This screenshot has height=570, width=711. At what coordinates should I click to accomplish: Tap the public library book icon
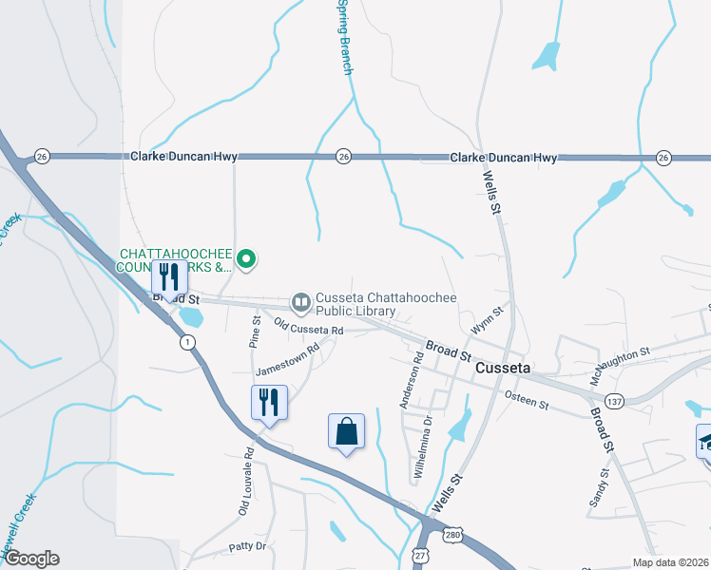point(301,302)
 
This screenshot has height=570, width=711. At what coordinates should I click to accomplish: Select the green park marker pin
point(246,257)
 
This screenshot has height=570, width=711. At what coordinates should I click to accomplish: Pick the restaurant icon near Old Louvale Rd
point(269,403)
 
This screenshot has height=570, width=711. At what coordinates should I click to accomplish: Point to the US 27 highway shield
point(421,553)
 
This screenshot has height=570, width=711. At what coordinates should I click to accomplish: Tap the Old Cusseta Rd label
point(308,328)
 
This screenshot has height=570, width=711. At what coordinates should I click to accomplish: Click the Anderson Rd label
point(411,380)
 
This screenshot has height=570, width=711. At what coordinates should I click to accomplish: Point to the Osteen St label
point(527,400)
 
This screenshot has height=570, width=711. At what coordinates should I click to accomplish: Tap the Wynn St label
point(486,319)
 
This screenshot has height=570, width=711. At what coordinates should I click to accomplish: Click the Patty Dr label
point(248,547)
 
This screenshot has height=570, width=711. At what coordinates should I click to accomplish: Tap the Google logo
point(30,559)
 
